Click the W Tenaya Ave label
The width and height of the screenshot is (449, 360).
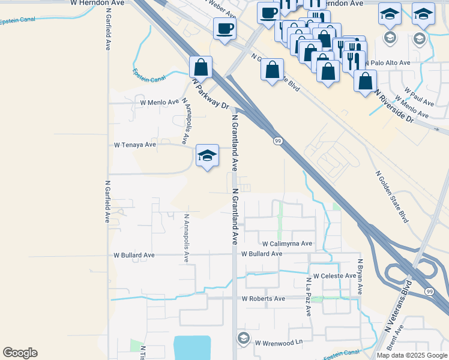135,145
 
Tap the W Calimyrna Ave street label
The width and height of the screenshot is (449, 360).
287,244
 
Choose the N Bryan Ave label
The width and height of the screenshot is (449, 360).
361,276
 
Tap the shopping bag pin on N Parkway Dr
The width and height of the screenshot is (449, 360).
201,67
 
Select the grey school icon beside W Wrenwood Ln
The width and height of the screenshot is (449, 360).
243,338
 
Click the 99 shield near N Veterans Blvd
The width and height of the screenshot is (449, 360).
428,291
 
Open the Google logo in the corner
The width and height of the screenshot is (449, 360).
20,353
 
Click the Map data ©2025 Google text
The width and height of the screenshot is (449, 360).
412,355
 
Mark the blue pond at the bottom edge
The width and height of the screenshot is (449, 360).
192,348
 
